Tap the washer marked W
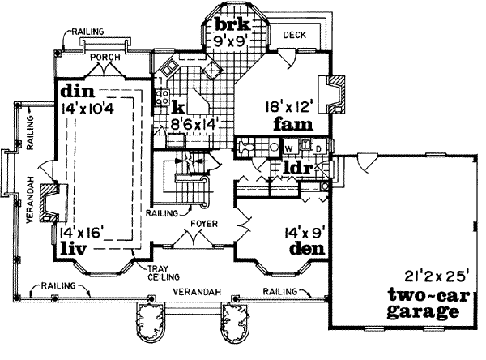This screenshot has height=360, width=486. coord(288,148)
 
